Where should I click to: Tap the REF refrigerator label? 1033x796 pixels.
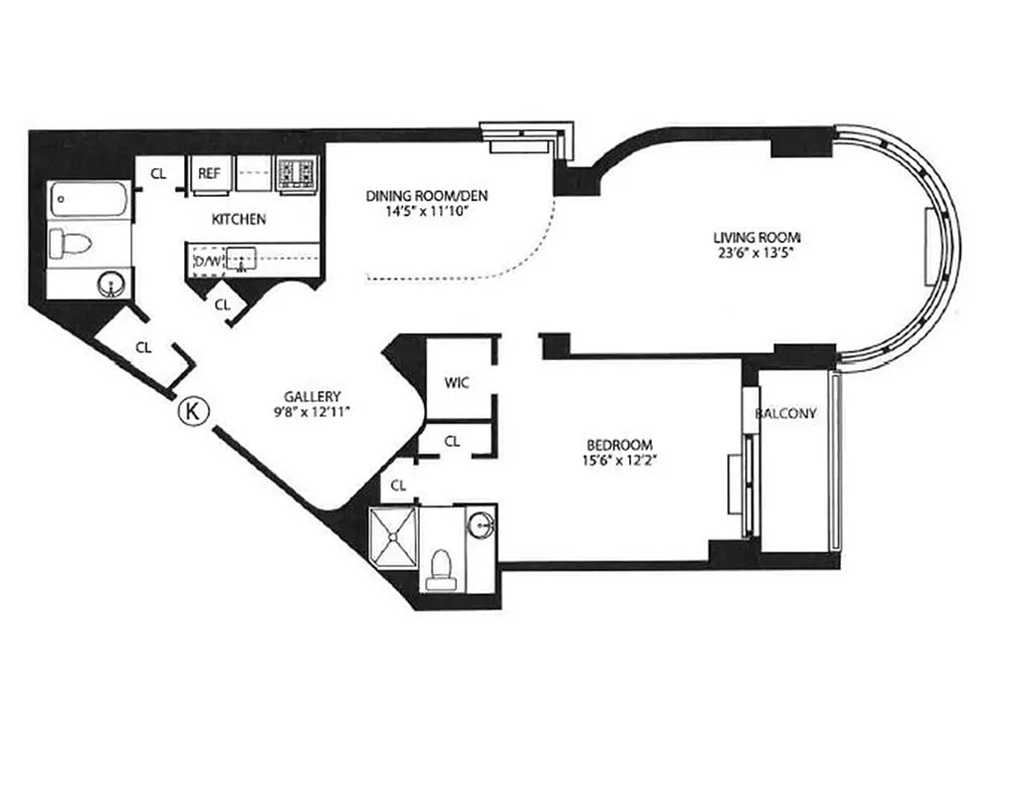pos(208,173)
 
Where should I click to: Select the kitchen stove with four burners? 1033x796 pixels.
pos(297,174)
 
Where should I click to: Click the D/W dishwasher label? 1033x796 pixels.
pos(207,261)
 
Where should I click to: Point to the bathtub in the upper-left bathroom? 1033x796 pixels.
pos(90,202)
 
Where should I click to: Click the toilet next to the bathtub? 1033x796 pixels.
pos(73,243)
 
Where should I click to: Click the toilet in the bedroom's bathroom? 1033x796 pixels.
pos(438,568)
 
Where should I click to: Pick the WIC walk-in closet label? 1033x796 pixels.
pos(457,382)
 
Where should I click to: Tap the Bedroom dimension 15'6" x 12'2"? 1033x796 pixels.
pos(618,461)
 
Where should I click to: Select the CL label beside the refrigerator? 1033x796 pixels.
pos(157,173)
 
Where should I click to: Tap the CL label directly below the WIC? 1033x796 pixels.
pos(452,441)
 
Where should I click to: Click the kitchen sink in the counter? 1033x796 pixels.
pos(242,261)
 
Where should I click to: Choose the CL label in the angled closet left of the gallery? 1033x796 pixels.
pos(143,347)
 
